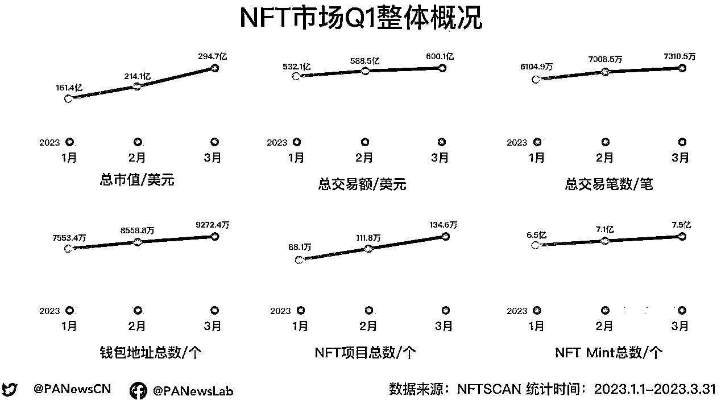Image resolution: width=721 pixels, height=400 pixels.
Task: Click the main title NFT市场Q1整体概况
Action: [360, 18]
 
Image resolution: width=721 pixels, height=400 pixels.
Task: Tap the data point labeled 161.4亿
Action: [69, 98]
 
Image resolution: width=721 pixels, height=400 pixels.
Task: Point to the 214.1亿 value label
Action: [137, 76]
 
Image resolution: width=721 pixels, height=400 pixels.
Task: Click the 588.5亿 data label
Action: [365, 60]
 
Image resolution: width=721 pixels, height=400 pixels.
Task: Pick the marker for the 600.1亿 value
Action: [442, 68]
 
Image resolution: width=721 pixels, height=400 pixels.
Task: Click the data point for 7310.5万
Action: [682, 68]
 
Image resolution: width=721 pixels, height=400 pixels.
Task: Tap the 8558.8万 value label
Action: [137, 231]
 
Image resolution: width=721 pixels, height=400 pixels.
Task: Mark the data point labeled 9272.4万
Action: [215, 236]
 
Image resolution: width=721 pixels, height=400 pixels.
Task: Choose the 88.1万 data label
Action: [300, 248]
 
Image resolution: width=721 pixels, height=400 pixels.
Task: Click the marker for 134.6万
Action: [445, 236]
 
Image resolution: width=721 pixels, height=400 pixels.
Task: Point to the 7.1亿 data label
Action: [604, 230]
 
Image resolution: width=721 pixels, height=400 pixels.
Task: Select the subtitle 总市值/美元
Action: [137, 181]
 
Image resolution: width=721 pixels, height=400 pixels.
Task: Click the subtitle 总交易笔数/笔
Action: [608, 184]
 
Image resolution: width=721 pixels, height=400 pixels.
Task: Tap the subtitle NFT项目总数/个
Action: [365, 353]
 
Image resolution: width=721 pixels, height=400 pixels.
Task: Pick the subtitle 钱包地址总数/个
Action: [150, 353]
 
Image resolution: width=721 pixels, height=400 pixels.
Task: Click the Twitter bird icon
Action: [10, 390]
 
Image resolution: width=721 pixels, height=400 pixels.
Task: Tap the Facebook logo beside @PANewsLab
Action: [138, 391]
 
